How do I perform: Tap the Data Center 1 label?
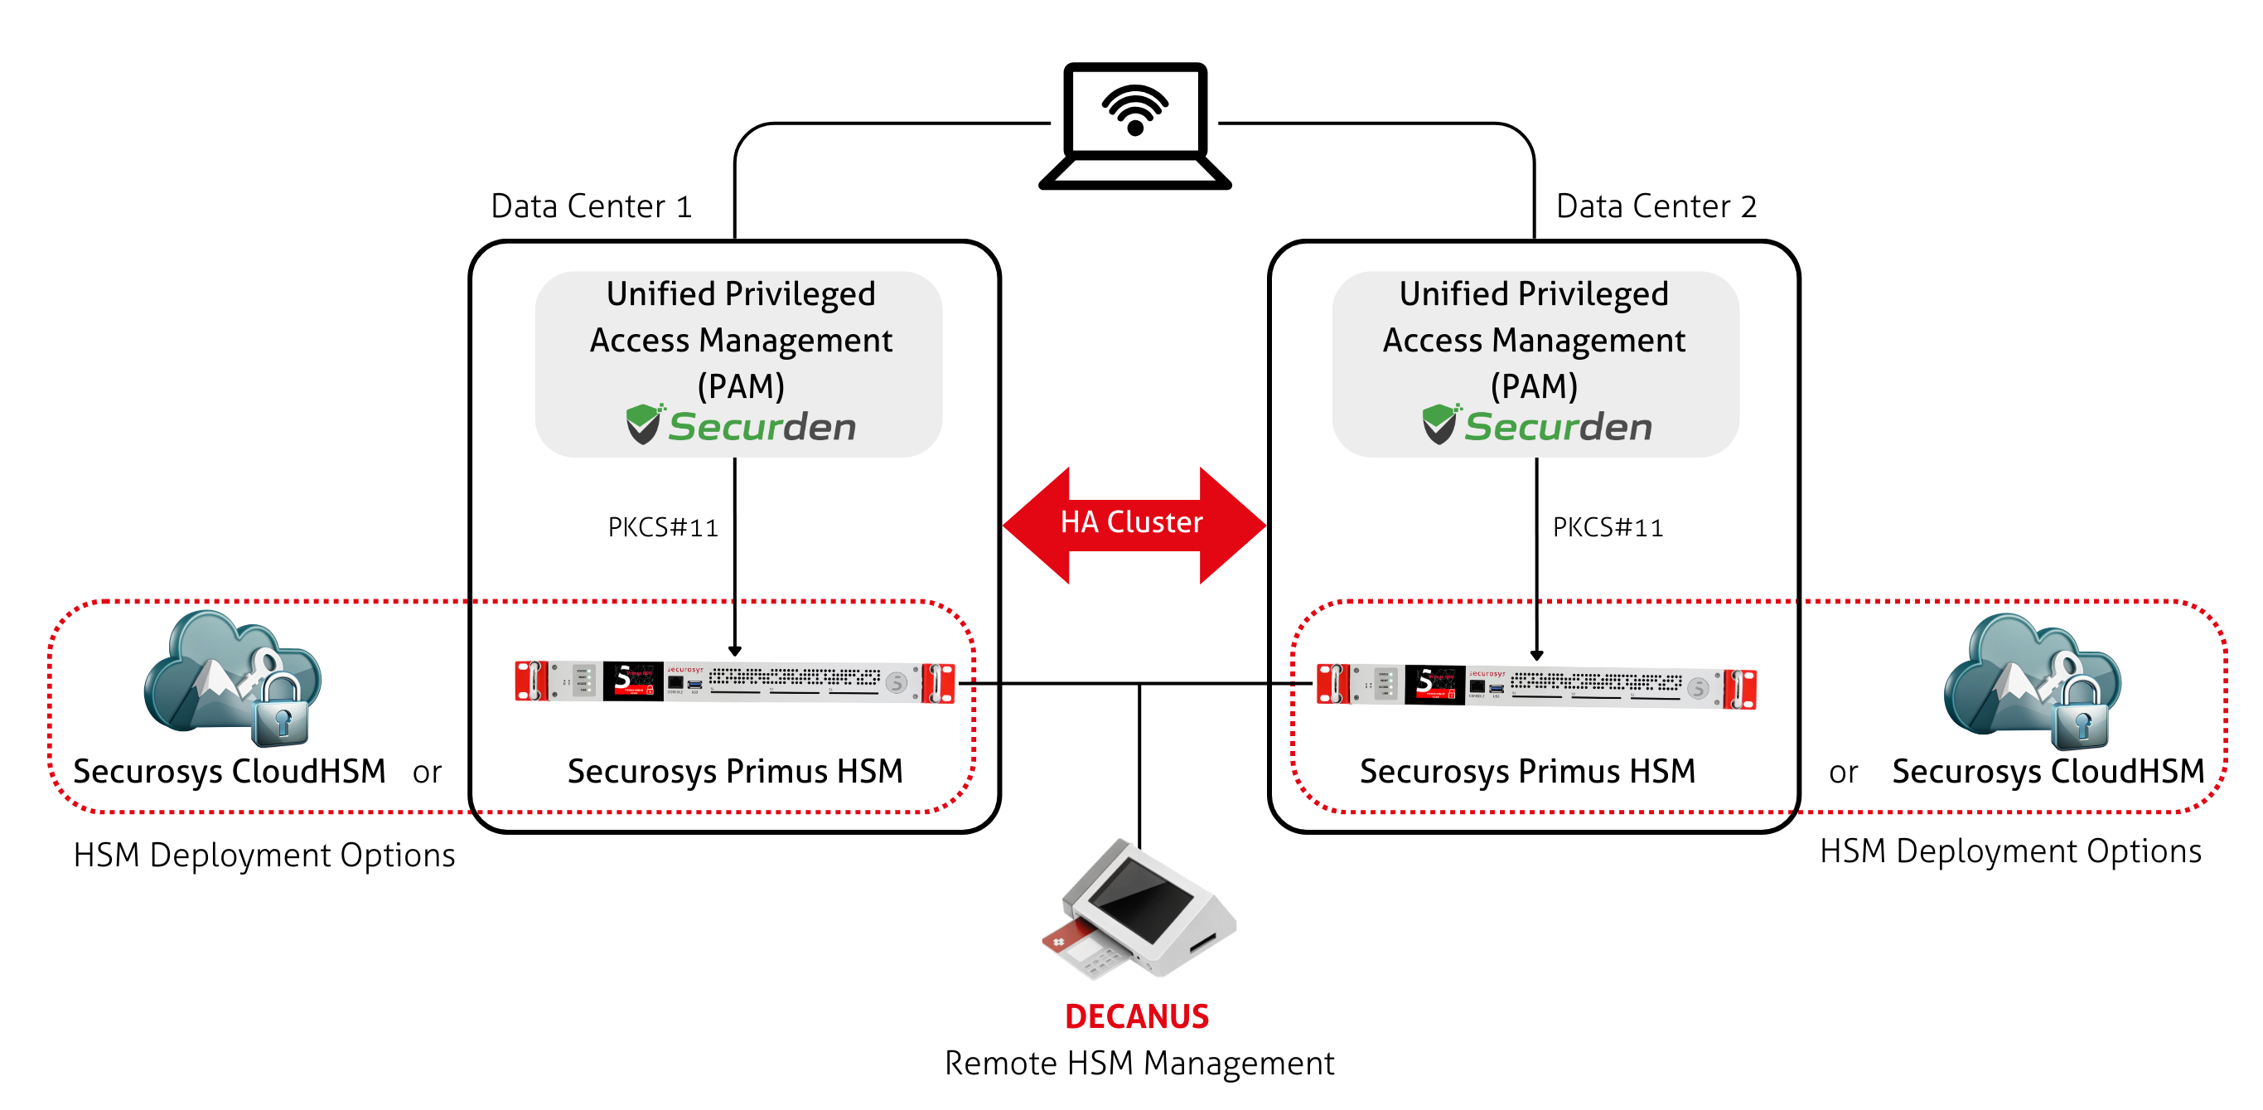591,206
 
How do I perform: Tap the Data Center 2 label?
1656,206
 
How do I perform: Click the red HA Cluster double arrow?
1133,524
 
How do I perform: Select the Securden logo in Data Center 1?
741,426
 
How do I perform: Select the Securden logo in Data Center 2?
1537,426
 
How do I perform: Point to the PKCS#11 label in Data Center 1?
662,527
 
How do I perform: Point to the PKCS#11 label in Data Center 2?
1608,527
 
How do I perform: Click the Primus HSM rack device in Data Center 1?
734,683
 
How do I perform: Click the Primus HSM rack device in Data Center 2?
1535,686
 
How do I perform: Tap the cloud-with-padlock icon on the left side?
233,676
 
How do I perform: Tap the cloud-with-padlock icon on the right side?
2032,680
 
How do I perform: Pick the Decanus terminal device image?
1139,910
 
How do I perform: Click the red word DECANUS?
1137,1017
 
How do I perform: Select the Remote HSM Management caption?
1139,1064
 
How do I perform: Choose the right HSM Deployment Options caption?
2010,851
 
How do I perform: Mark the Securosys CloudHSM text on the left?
230,772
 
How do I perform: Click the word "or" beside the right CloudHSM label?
1843,773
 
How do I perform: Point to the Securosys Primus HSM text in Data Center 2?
1528,772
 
